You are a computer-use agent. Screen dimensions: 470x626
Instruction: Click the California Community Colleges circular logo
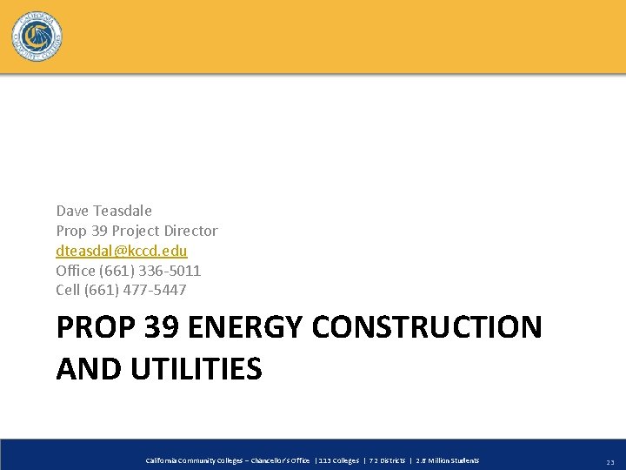(x=37, y=37)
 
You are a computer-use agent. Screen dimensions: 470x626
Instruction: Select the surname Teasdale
(x=122, y=211)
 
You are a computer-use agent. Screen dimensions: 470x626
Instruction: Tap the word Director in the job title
(x=190, y=231)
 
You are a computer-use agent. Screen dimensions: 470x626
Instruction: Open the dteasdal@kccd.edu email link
(x=122, y=251)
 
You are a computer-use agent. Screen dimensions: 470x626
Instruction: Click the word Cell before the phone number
(x=68, y=290)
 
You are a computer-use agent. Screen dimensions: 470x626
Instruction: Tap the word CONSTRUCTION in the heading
(x=426, y=328)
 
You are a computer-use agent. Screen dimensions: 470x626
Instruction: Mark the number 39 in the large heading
(x=162, y=328)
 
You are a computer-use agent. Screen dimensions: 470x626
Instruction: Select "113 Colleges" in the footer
(x=339, y=460)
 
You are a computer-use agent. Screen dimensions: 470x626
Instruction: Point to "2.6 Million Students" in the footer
(x=447, y=460)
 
